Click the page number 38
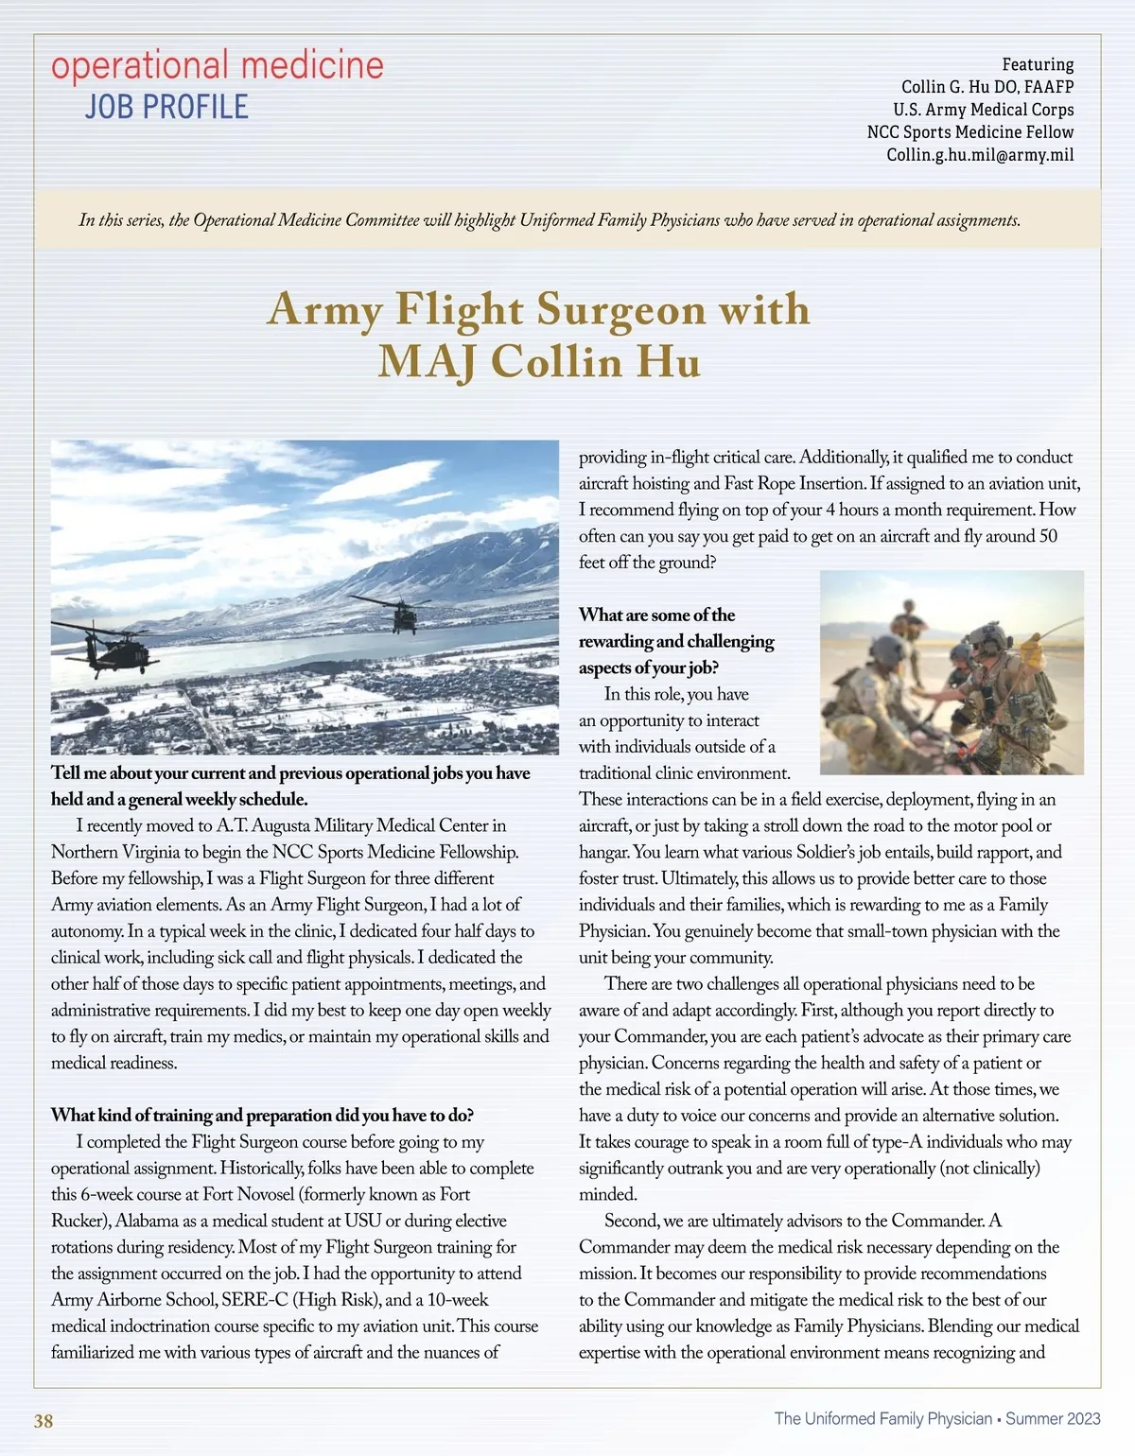tap(44, 1421)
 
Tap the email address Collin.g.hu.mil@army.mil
tap(980, 155)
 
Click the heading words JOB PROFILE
tap(166, 108)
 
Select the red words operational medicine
tap(218, 65)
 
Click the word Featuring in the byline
tap(1038, 64)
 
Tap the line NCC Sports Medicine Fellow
tap(970, 132)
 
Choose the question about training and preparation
tap(262, 1115)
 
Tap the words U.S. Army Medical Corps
tap(983, 110)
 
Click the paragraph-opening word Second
tap(631, 1221)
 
